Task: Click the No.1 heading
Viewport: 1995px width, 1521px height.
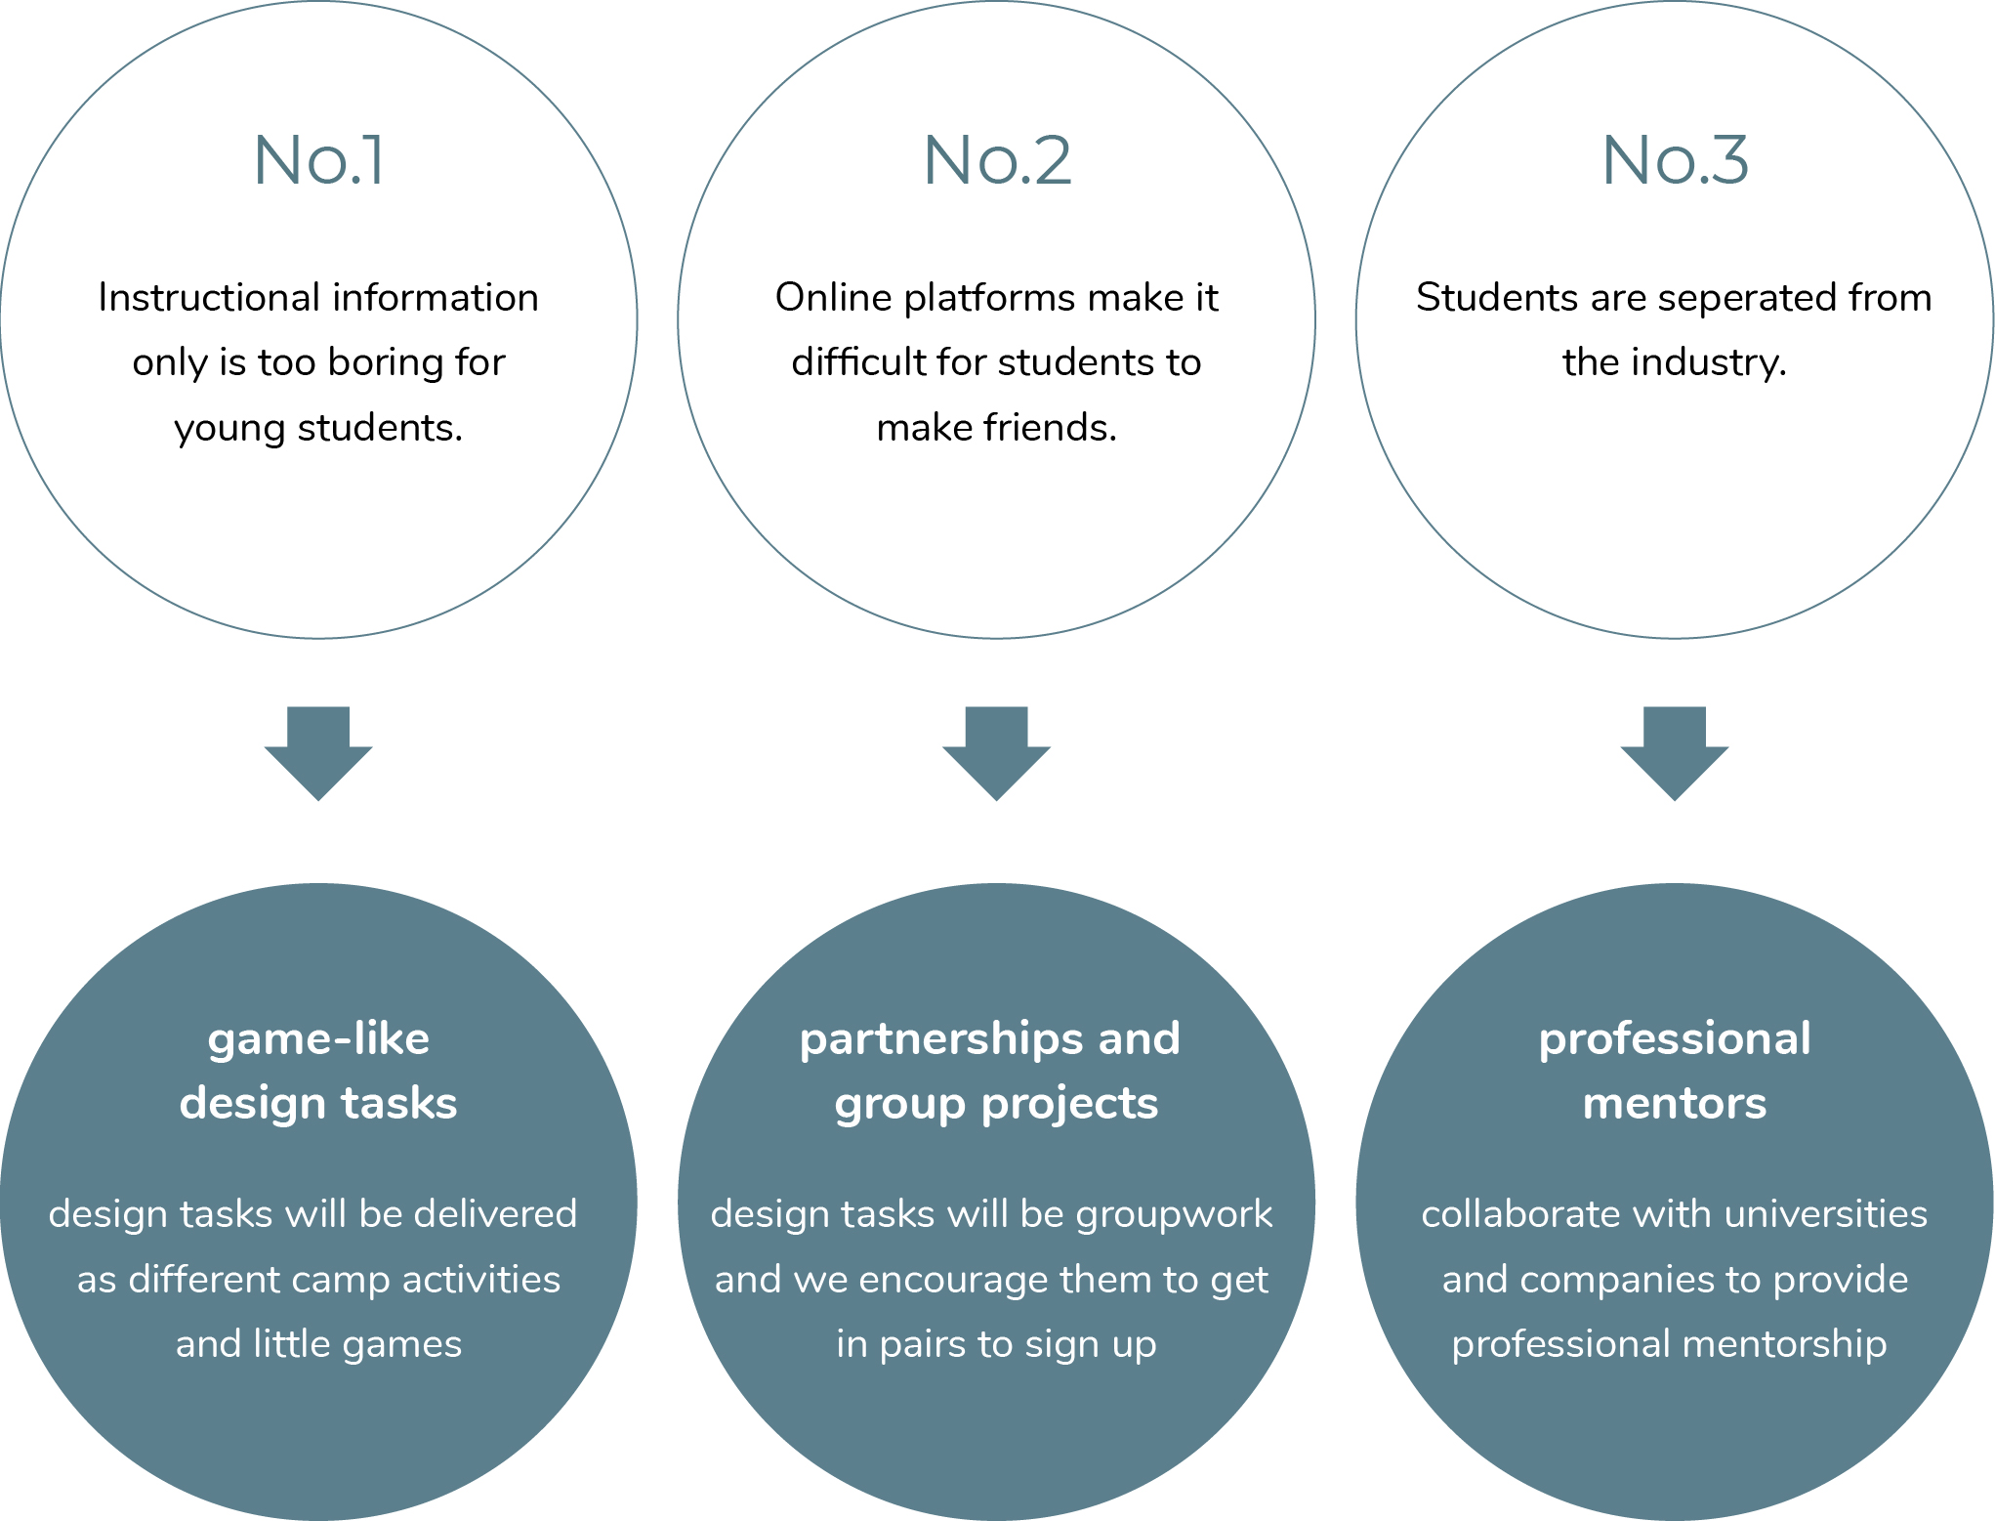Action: pyautogui.click(x=318, y=160)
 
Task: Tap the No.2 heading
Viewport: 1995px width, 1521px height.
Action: pyautogui.click(x=996, y=160)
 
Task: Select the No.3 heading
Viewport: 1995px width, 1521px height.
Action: pyautogui.click(x=1675, y=160)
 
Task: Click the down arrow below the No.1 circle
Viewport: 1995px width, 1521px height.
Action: pyautogui.click(x=318, y=752)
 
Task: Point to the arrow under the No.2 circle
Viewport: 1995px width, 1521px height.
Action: pyautogui.click(x=996, y=752)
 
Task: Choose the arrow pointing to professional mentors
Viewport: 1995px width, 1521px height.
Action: pyautogui.click(x=1675, y=752)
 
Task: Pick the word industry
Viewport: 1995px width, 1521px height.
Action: pyautogui.click(x=1709, y=363)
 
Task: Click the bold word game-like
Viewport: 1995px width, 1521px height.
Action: pyautogui.click(x=318, y=1038)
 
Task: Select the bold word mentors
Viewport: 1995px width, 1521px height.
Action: pyautogui.click(x=1675, y=1104)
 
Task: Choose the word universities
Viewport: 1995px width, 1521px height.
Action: pyautogui.click(x=1823, y=1214)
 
